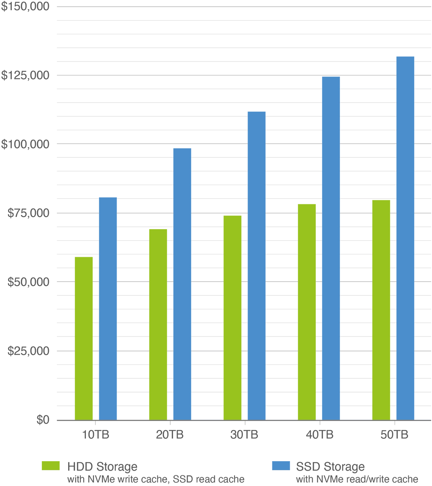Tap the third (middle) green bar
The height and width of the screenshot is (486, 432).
coord(233,317)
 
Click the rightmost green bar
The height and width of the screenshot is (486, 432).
coord(383,310)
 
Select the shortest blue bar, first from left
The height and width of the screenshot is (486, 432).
coord(108,308)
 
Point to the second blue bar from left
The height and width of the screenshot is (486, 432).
coord(181,283)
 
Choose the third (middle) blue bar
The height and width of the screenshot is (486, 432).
coord(257,265)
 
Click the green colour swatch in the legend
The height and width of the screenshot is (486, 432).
coord(53,465)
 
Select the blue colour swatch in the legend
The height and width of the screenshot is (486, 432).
coord(283,465)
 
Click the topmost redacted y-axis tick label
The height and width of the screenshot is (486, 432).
coord(25,7)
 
